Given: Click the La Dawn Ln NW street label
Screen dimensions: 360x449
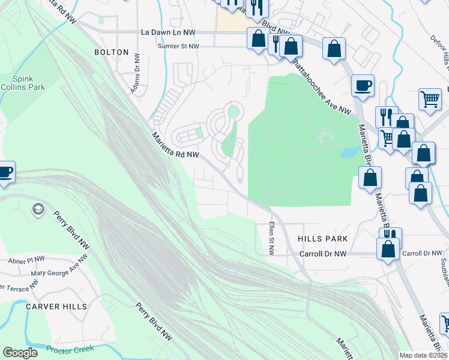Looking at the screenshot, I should coord(167,32).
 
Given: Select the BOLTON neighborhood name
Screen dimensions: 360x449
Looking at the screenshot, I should coord(112,52).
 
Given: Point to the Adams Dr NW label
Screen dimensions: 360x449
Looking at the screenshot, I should coord(136,74).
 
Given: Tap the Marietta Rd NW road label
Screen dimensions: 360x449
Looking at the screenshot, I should coord(175,146).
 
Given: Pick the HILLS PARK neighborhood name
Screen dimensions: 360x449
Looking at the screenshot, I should coord(323,239).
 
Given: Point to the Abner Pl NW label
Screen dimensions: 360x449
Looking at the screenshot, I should coord(26,261).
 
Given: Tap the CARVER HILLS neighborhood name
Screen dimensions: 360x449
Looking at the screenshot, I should coord(56,306).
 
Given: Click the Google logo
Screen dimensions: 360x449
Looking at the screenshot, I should coord(20,353).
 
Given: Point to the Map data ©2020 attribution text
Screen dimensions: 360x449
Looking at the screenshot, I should coord(423,355).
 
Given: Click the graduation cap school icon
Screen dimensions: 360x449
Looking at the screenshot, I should coord(37,209).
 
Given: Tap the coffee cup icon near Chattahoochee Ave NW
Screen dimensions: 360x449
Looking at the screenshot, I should coord(363,85).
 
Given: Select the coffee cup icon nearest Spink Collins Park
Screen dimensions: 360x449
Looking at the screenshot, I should coord(5,173).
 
